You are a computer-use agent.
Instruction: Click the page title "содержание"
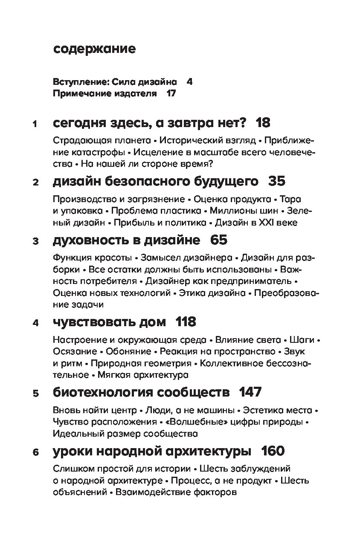95,49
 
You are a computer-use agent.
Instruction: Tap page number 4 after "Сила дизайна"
189,81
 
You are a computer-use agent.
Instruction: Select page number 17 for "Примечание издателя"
171,93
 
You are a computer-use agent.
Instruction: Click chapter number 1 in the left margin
35,125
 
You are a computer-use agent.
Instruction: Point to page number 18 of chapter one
263,123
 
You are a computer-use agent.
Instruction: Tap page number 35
277,182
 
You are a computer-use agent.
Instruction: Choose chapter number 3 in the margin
35,242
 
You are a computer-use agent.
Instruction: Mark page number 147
250,391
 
